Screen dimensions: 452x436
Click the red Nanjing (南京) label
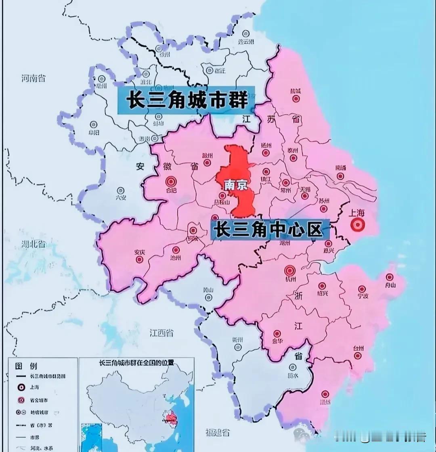coord(236,185)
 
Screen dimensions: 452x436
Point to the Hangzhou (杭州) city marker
coord(290,270)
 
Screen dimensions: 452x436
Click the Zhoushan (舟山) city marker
coord(389,277)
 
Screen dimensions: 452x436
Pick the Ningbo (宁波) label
coord(362,296)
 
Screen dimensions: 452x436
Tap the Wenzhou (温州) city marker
coord(325,394)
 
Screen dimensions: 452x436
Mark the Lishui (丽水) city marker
coord(293,368)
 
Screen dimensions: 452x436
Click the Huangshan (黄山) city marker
coord(208,297)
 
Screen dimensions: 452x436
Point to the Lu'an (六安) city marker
coord(120,190)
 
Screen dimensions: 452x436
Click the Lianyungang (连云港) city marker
coord(245,33)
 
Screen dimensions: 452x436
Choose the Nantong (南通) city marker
coord(340,176)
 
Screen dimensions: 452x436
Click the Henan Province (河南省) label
coord(34,78)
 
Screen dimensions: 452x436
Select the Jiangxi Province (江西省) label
coord(161,333)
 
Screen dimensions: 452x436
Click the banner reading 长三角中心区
coord(270,230)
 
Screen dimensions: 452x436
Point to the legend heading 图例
coord(26,366)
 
